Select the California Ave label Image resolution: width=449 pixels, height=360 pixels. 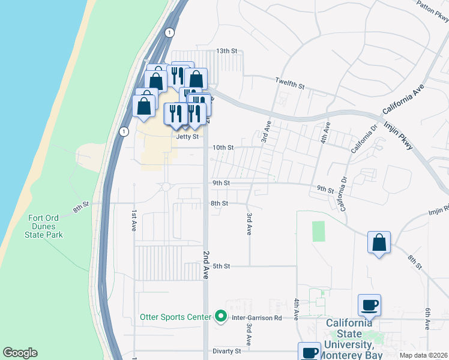coord(403,96)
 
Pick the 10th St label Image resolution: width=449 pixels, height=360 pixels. coord(223,148)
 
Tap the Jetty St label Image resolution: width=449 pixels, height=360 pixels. coord(187,136)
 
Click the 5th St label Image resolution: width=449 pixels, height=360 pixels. coord(221,266)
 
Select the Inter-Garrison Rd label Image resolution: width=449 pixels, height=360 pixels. coord(257,317)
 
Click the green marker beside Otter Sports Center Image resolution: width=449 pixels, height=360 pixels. coord(220,316)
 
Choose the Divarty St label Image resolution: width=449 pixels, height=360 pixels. coord(226,351)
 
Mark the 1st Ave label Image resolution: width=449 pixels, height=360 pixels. coord(134,221)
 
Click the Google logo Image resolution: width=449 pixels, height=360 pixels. coord(20,353)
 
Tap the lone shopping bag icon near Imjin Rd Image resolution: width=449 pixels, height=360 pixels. coord(379,243)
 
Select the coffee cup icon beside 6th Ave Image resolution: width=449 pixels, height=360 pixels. coord(369,305)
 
